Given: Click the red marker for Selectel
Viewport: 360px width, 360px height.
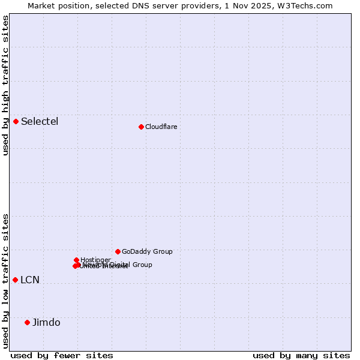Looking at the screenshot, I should (x=16, y=121).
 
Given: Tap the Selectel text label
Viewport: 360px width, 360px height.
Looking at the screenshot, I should (x=40, y=122).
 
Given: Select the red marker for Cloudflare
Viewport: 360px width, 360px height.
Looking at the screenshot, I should (x=141, y=127).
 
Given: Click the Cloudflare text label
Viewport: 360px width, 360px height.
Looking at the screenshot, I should (x=161, y=127).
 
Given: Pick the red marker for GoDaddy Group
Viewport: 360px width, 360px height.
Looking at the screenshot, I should (x=118, y=251).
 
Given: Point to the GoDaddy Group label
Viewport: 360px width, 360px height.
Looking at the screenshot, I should (x=147, y=251).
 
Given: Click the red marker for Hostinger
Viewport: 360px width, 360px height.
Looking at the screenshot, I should (x=77, y=260).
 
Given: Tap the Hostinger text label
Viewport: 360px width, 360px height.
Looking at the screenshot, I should (x=95, y=260).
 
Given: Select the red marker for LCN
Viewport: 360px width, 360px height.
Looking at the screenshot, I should (x=16, y=280).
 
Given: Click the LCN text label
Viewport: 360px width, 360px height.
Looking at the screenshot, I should (x=30, y=280).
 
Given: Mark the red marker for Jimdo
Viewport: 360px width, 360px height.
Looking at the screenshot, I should (x=27, y=322).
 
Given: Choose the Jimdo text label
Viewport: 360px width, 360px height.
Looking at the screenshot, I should (x=46, y=323).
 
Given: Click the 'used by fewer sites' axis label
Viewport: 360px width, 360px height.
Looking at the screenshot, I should (x=62, y=355).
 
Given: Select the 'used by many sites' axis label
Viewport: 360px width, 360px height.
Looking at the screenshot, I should (x=301, y=355).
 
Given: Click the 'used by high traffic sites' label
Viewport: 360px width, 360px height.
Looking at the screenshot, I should (x=5, y=85).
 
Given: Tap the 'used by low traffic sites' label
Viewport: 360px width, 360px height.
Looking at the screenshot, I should (x=5, y=281).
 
